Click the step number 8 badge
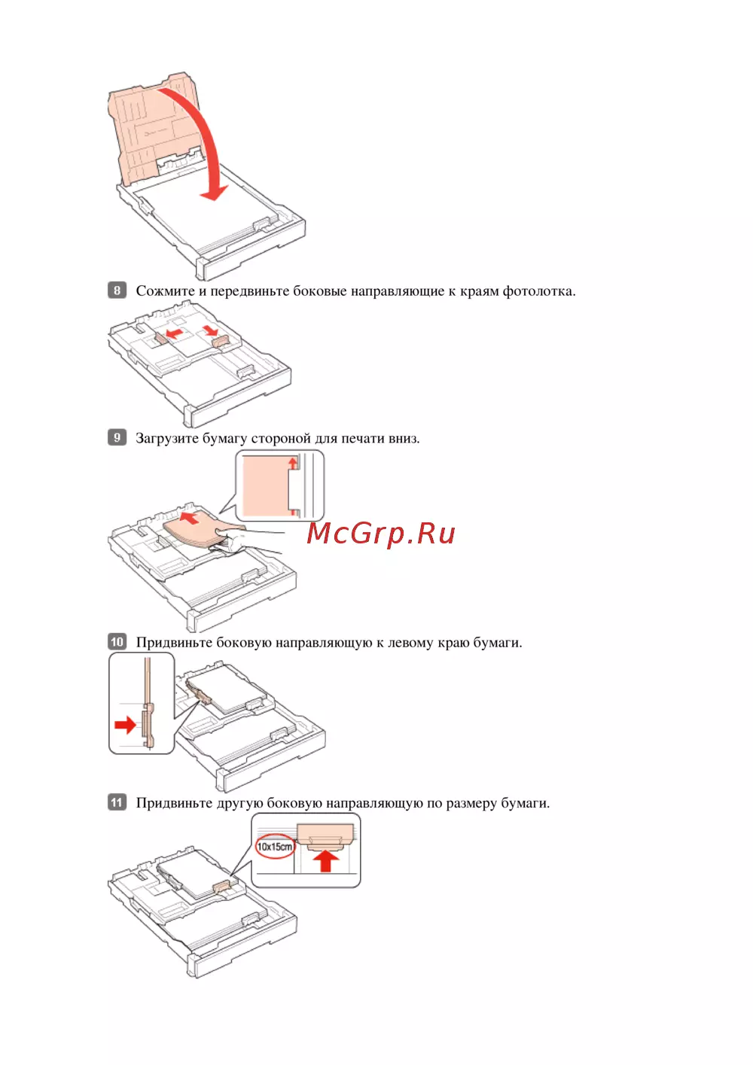point(117,290)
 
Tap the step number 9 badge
point(117,437)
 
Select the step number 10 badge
point(117,642)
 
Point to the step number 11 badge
point(117,802)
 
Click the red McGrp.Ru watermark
point(380,534)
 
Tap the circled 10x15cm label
point(275,846)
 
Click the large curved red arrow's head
point(214,192)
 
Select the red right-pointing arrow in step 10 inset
point(126,725)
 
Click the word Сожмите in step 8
point(165,291)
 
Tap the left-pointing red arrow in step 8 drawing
point(174,332)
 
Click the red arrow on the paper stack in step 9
point(189,517)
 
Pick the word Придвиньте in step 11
point(174,804)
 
